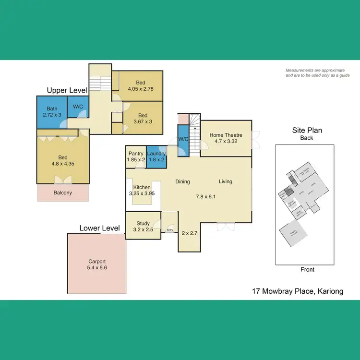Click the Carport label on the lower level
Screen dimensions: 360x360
pos(97,262)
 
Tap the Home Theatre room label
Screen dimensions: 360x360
pos(226,135)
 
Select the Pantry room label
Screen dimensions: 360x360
pos(136,153)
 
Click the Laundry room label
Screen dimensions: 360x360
pos(156,153)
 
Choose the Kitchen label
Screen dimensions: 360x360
pos(142,187)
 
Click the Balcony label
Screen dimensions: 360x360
pos(63,193)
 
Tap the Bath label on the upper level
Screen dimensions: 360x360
pos(52,108)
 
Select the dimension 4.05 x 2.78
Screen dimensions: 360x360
pos(140,89)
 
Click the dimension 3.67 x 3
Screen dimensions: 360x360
pos(143,121)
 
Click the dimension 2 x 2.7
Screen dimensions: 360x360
pos(190,233)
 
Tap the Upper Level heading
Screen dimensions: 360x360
pos(67,90)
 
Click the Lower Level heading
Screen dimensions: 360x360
pos(99,228)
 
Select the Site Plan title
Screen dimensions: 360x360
pos(307,130)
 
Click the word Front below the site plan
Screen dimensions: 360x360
pos(307,269)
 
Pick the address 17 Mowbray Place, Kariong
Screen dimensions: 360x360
pos(298,291)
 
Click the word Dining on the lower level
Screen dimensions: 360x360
pos(182,181)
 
